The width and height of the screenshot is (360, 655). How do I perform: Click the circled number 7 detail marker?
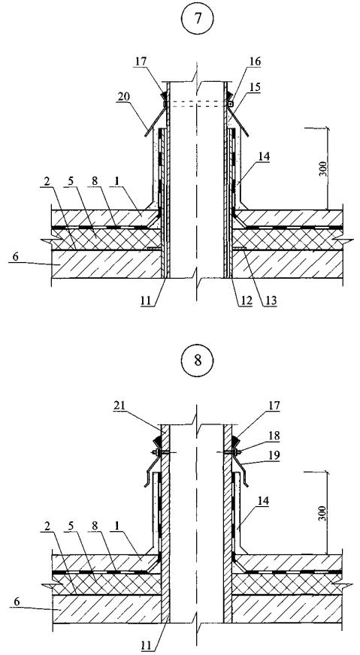point(198,20)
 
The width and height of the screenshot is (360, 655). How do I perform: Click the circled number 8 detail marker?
point(198,361)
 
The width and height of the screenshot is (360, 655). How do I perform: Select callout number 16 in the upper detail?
point(254,62)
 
